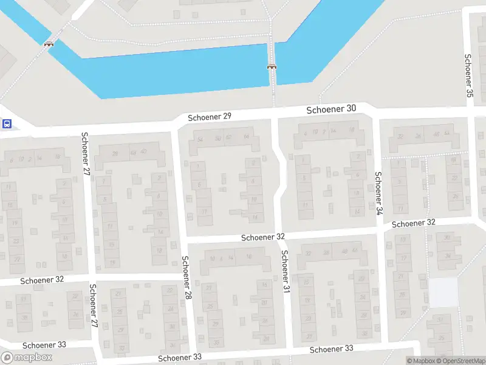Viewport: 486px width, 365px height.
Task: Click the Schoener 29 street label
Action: pyautogui.click(x=210, y=116)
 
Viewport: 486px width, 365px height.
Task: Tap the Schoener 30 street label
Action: pyautogui.click(x=331, y=109)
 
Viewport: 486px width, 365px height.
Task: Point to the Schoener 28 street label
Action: pyautogui.click(x=187, y=278)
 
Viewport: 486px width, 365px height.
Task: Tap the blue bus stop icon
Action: pyautogui.click(x=7, y=124)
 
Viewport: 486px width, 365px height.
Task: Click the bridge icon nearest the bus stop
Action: pyautogui.click(x=49, y=44)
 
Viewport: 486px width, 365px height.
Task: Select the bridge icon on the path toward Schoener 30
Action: pyautogui.click(x=271, y=66)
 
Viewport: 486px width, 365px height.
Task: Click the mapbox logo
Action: pyautogui.click(x=27, y=357)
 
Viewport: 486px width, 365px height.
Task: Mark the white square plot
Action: pyautogui.click(x=443, y=293)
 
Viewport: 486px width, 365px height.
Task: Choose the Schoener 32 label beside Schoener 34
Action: pyautogui.click(x=414, y=223)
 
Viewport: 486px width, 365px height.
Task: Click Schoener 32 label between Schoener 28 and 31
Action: pyautogui.click(x=263, y=236)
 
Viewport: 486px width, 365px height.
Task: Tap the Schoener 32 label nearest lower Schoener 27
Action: pyautogui.click(x=42, y=280)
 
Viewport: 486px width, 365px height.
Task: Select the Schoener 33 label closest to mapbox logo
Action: pyautogui.click(x=44, y=344)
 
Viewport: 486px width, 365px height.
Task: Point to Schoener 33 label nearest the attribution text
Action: pyautogui.click(x=331, y=349)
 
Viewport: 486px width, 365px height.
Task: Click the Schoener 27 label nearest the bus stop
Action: pyautogui.click(x=85, y=155)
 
